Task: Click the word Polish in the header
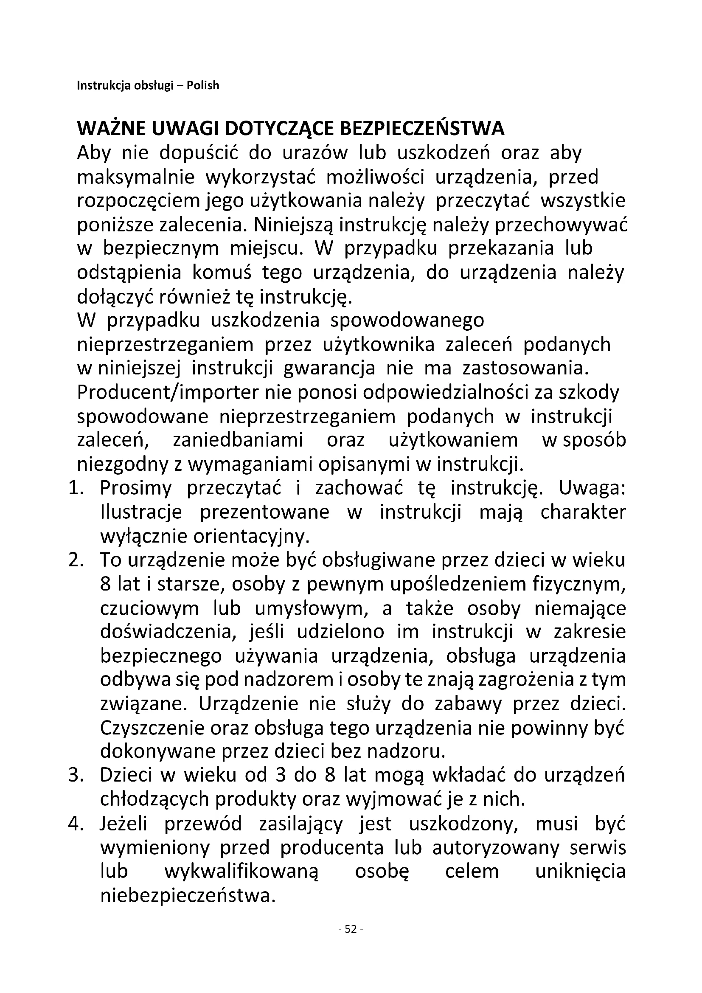click(x=203, y=85)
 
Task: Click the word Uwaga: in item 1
click(x=592, y=488)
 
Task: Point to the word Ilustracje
click(x=141, y=512)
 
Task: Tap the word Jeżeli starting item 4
click(x=124, y=824)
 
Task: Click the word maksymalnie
click(x=136, y=177)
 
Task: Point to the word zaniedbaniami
click(x=238, y=440)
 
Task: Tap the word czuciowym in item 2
click(x=149, y=608)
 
